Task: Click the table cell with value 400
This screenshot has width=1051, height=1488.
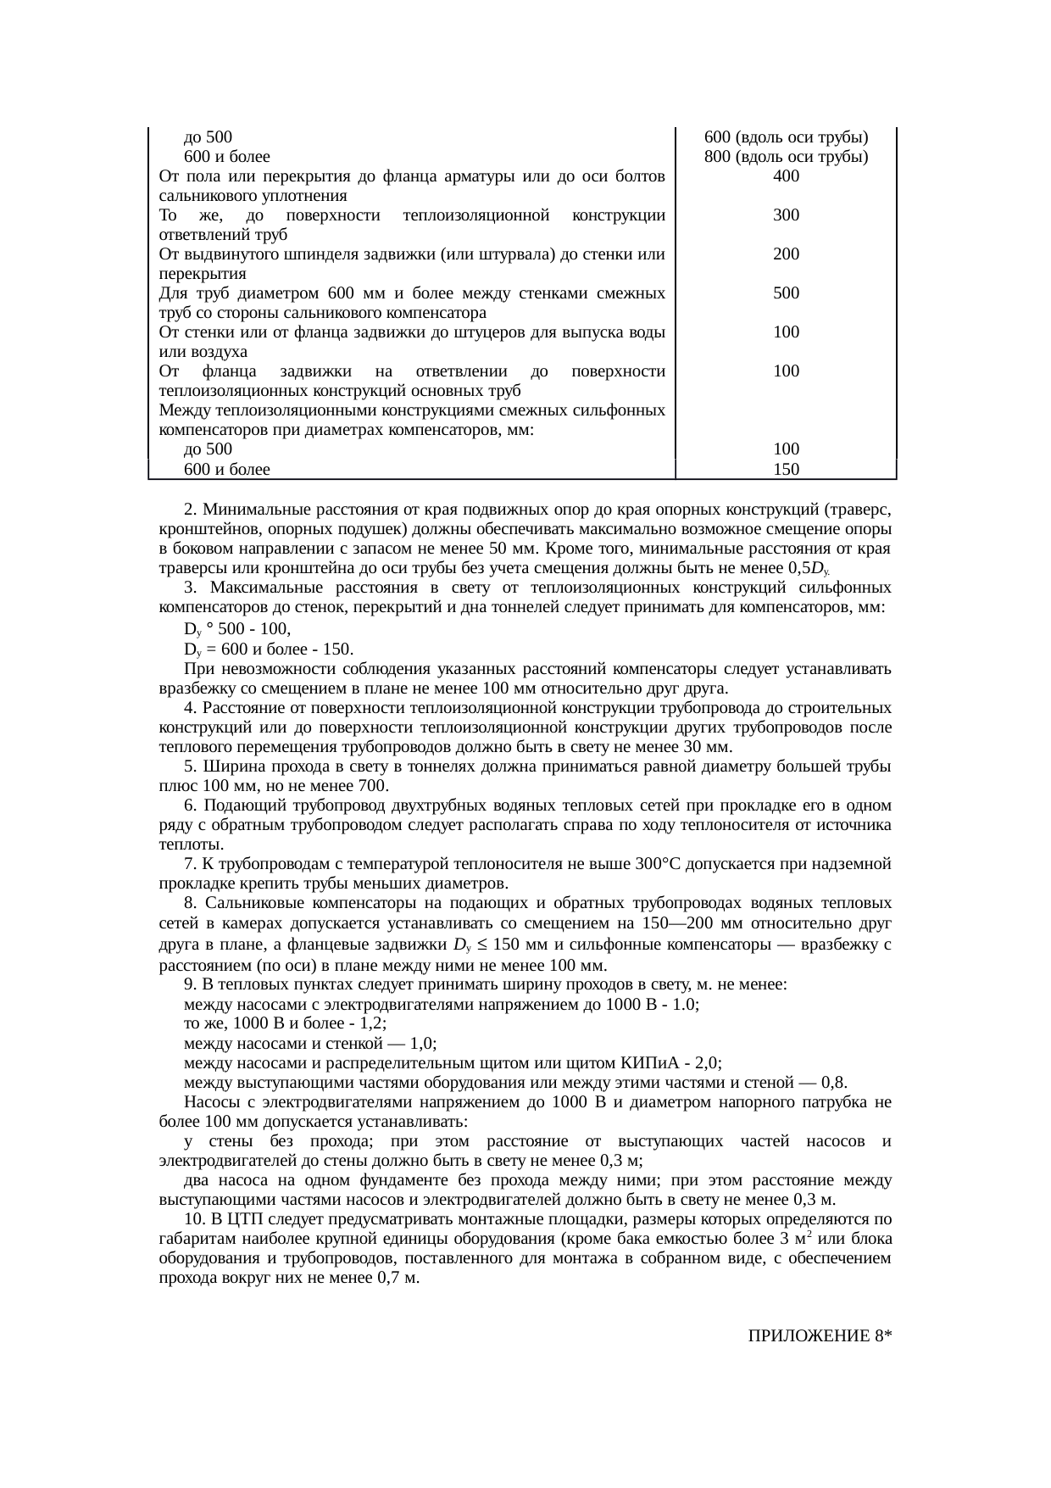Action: [x=786, y=176]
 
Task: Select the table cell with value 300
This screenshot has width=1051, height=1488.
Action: [x=786, y=215]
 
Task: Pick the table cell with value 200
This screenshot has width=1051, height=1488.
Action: [x=786, y=254]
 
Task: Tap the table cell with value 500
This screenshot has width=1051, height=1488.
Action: [x=786, y=293]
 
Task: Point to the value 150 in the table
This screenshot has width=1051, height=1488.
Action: [x=786, y=469]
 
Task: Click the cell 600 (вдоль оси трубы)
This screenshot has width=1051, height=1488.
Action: [x=786, y=137]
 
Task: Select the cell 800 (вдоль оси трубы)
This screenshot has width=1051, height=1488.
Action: [x=786, y=157]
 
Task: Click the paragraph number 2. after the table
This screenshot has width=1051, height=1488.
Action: [x=191, y=510]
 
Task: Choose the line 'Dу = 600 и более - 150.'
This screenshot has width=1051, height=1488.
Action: [x=269, y=649]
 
